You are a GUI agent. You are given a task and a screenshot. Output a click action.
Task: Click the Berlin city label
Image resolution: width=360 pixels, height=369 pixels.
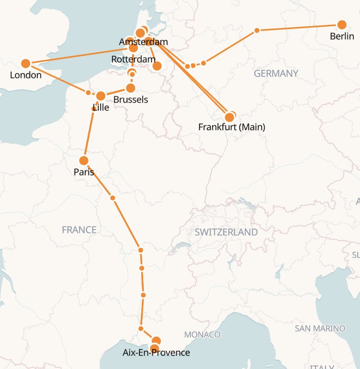342,36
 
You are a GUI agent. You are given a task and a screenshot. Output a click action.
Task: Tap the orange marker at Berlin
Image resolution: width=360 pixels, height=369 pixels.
342,25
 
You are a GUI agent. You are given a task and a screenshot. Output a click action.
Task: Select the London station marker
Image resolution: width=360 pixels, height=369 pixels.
26,63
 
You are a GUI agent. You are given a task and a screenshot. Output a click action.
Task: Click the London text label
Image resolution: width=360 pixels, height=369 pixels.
26,75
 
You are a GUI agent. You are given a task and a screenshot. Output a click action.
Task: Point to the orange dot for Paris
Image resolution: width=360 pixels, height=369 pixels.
84,160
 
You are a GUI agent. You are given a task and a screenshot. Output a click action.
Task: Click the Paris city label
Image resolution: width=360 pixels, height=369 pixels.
84,172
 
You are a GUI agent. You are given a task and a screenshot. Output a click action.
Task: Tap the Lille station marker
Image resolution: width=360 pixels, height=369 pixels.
101,96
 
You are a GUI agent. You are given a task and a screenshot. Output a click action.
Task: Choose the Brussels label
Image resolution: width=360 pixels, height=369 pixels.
131,100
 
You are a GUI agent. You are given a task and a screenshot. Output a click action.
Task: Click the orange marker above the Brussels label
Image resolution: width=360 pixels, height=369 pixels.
130,88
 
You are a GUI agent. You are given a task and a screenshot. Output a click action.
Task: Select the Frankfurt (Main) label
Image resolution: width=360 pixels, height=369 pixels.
232,127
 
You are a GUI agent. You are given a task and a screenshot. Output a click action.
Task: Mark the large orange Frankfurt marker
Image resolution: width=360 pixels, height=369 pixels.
230,117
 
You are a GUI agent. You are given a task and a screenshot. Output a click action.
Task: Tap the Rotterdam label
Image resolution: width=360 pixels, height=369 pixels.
133,59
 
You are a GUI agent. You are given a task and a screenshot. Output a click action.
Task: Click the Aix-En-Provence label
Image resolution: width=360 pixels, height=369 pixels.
156,353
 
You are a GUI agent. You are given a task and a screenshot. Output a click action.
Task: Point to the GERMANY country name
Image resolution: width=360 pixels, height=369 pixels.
276,74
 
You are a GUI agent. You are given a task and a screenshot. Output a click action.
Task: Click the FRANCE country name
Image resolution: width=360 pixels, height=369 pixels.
79,230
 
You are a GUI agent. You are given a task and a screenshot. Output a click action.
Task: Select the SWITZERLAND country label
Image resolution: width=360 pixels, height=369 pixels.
226,232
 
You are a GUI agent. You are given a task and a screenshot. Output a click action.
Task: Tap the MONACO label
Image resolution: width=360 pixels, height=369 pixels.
202,335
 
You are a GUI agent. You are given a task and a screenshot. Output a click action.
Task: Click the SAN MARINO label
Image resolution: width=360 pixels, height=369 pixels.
320,329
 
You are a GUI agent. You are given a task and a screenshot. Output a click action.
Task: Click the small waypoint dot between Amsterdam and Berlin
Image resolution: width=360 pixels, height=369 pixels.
257,31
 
